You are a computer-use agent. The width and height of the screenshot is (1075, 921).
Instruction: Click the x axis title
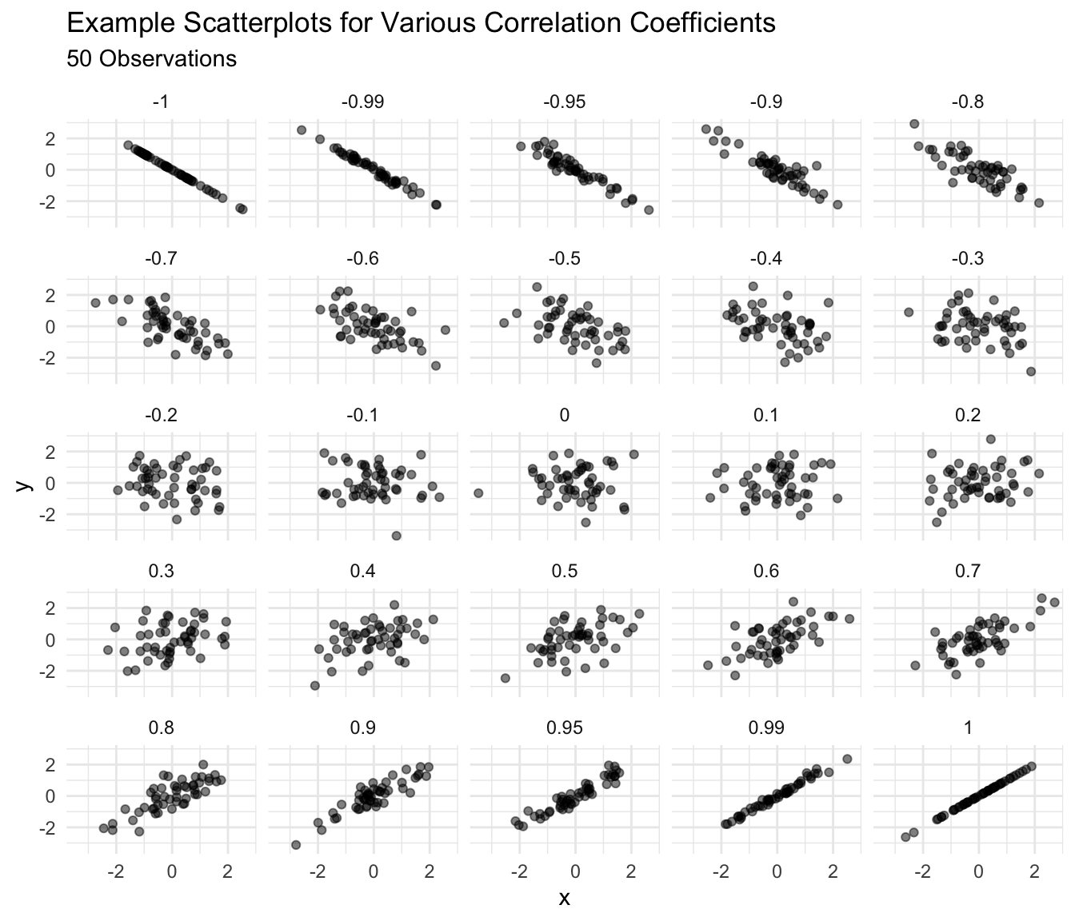[x=564, y=899]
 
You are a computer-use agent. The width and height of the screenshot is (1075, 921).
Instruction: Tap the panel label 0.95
[x=564, y=728]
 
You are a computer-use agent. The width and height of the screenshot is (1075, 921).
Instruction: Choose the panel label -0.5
[x=564, y=259]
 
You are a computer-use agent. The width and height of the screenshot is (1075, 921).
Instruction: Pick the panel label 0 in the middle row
[x=564, y=415]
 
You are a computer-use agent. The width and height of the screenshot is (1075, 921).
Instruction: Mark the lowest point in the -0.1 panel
[x=396, y=536]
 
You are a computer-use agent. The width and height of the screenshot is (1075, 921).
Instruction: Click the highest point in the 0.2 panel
[x=990, y=439]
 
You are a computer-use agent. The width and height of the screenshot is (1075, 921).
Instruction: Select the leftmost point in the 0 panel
[x=478, y=493]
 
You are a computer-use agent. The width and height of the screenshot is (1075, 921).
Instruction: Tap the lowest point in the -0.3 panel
[x=1031, y=372]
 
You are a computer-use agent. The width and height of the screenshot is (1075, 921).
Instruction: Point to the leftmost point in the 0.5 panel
[x=506, y=678]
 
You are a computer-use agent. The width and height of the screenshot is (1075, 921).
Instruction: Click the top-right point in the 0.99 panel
[x=847, y=759]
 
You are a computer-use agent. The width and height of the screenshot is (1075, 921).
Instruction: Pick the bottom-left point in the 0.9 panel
[x=296, y=845]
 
